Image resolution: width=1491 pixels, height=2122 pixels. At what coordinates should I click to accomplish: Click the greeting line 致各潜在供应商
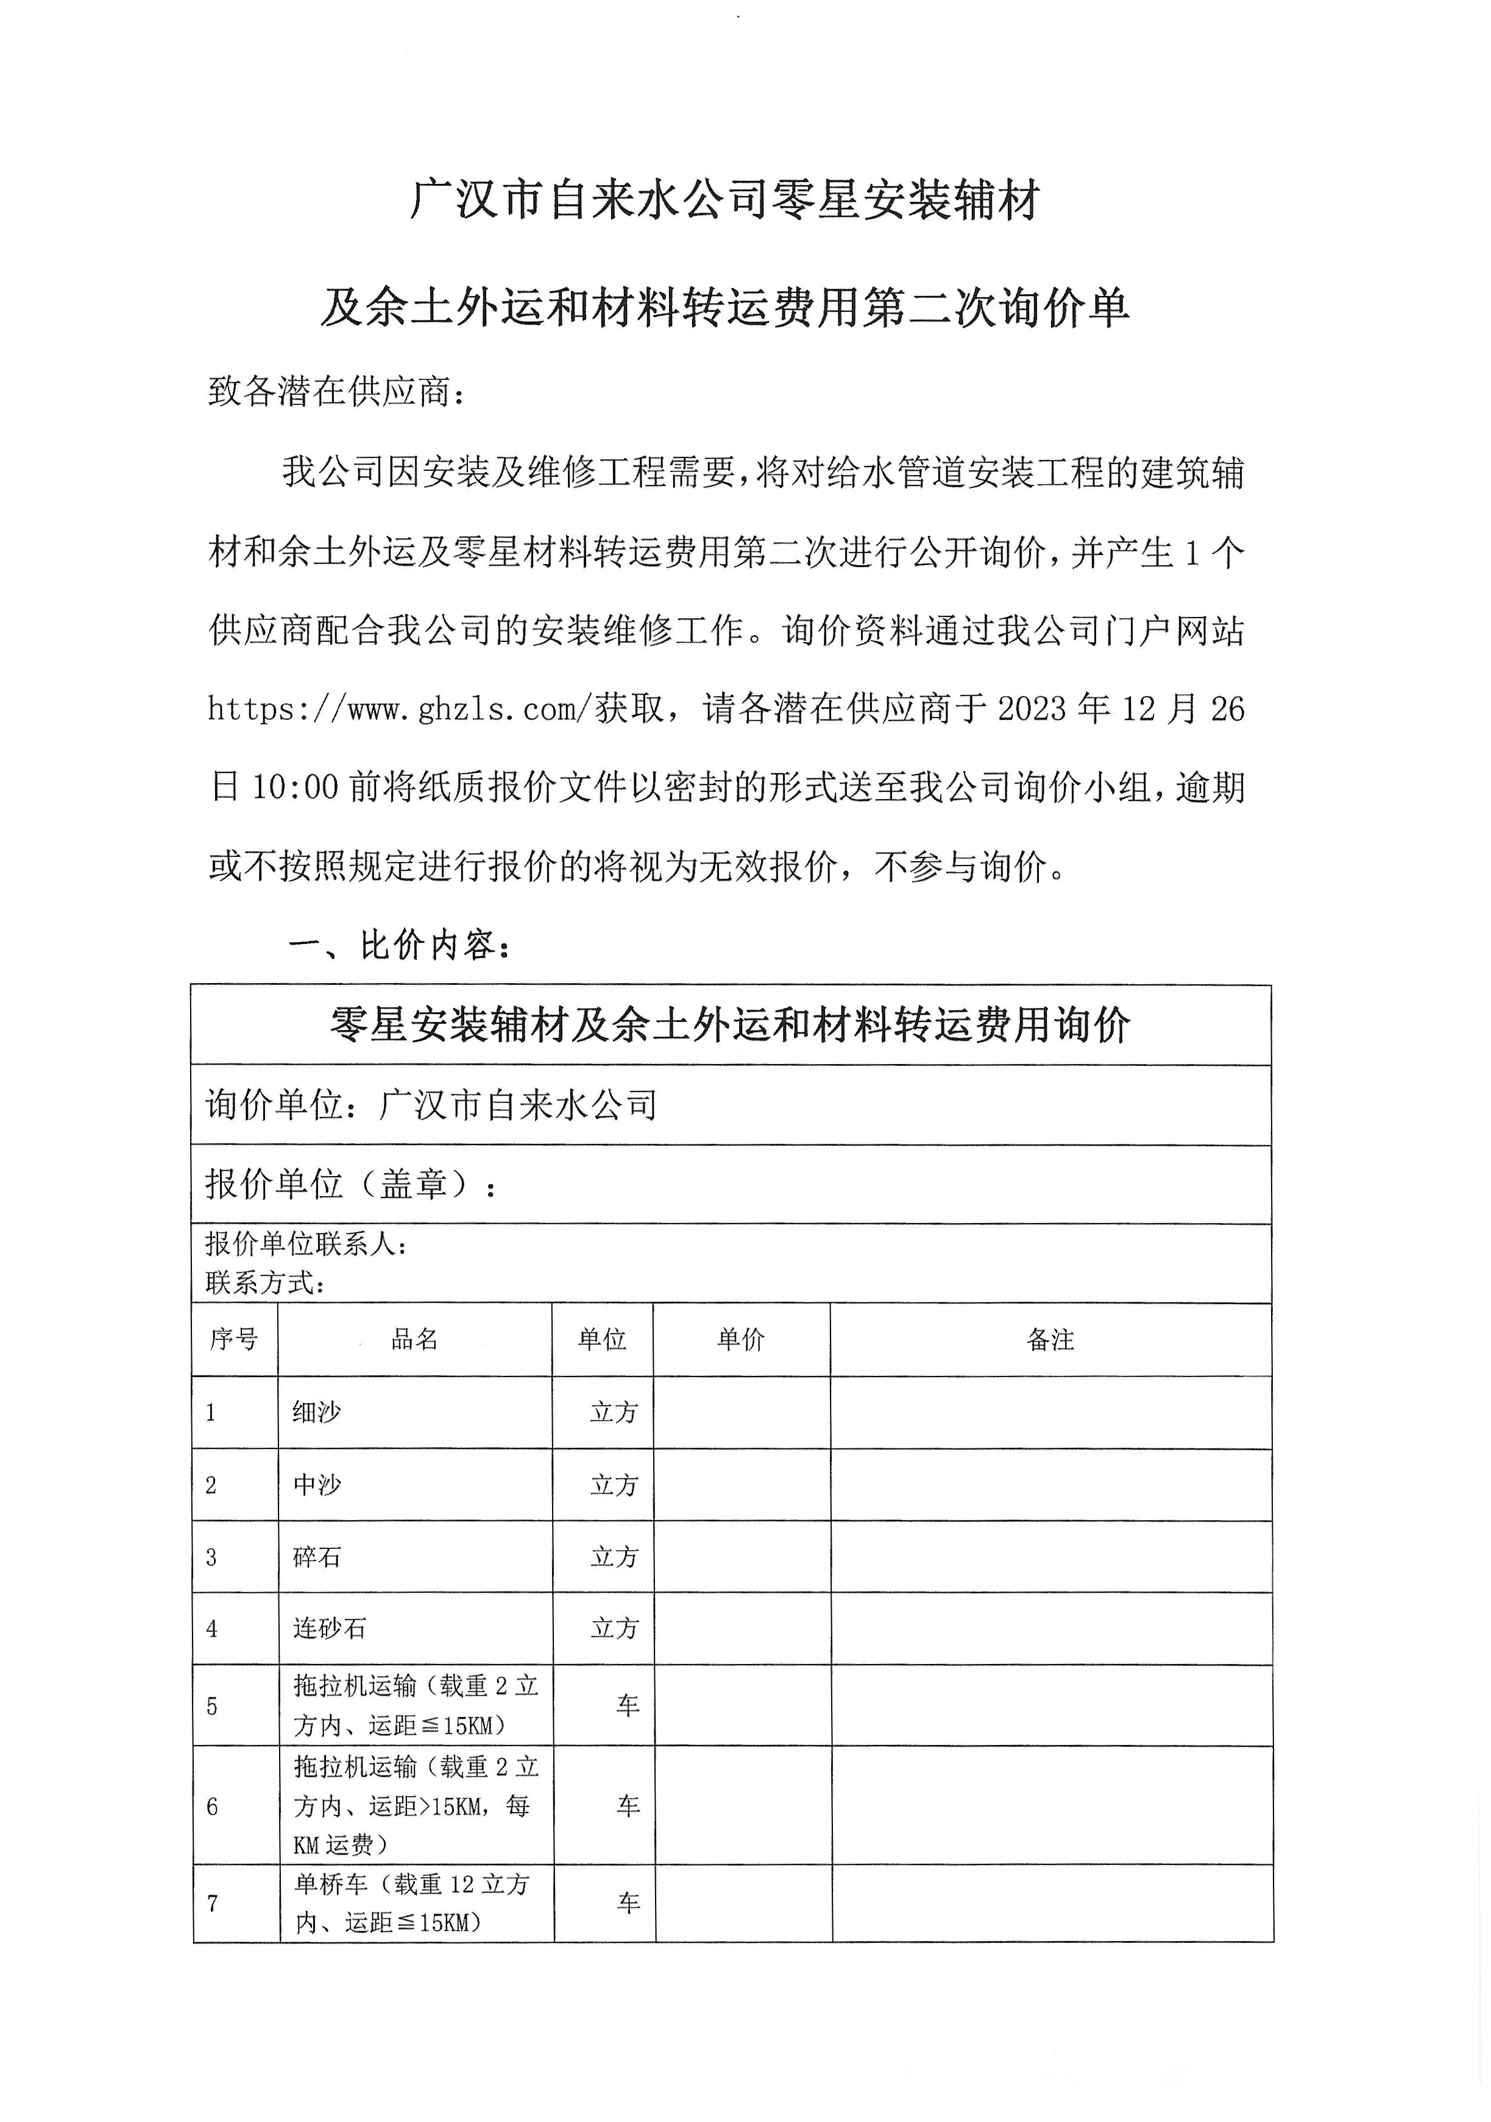click(x=336, y=391)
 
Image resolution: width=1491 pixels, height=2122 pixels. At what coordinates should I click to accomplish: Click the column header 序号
click(x=234, y=1339)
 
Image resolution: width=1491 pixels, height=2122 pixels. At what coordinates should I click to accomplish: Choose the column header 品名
click(x=414, y=1339)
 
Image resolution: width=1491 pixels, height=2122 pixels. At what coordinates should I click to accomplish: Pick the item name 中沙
click(x=317, y=1485)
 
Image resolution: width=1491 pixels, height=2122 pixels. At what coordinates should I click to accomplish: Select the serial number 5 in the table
click(x=211, y=1706)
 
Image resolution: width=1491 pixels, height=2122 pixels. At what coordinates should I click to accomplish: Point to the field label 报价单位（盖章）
click(x=351, y=1185)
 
